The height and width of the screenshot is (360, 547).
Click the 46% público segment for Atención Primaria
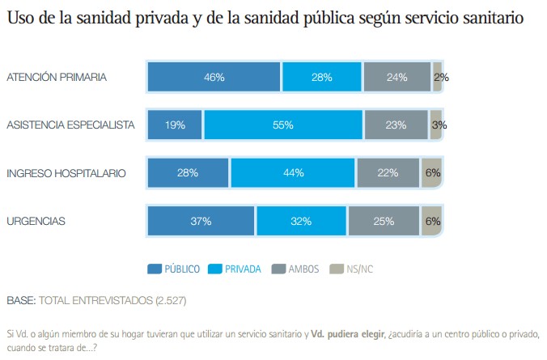[x=214, y=77]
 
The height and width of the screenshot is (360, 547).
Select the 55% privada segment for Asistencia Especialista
[x=283, y=125]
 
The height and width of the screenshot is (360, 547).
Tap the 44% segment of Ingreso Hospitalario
[x=293, y=172]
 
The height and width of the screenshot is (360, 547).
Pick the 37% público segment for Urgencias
[x=201, y=220]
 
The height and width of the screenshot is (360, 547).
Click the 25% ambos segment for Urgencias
[x=384, y=220]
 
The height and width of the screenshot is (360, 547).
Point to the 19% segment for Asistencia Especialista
[x=175, y=125]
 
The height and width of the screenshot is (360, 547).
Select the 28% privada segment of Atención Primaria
[x=322, y=77]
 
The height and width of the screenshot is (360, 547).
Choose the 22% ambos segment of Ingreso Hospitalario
[x=388, y=172]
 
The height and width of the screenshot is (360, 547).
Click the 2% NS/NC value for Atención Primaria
[x=441, y=78]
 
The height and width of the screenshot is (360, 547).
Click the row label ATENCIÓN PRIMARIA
[x=57, y=78]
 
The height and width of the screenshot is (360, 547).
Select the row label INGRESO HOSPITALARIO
[x=66, y=173]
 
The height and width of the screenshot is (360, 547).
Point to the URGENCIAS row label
[x=36, y=220]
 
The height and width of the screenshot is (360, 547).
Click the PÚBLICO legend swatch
[x=155, y=269]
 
